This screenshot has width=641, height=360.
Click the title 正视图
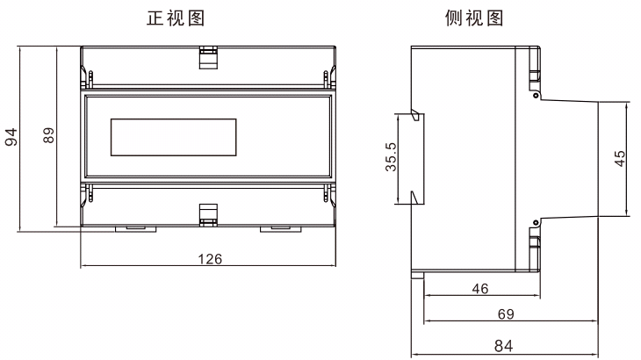point(176,18)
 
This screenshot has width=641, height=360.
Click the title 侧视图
point(474,18)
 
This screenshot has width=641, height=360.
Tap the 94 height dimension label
point(11,136)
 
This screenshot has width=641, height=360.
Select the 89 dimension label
point(48,135)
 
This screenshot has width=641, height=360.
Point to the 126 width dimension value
point(210,259)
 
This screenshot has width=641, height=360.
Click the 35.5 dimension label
point(391,157)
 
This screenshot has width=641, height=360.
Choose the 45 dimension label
point(620,159)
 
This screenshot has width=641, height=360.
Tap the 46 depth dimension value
point(480,289)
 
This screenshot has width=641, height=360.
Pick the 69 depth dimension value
point(506,313)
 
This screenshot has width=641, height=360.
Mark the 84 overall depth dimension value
point(503,346)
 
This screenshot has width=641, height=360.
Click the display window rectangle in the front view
point(173,137)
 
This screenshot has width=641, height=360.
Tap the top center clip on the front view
point(208,58)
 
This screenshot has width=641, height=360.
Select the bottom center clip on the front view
point(208,215)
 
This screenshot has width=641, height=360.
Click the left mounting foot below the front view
point(136,229)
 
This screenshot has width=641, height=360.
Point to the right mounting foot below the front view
point(281,229)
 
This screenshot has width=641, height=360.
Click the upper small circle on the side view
point(536,96)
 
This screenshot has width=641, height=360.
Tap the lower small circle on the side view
point(536,223)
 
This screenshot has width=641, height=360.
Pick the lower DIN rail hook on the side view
point(417,198)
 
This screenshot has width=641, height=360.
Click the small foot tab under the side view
point(417,274)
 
